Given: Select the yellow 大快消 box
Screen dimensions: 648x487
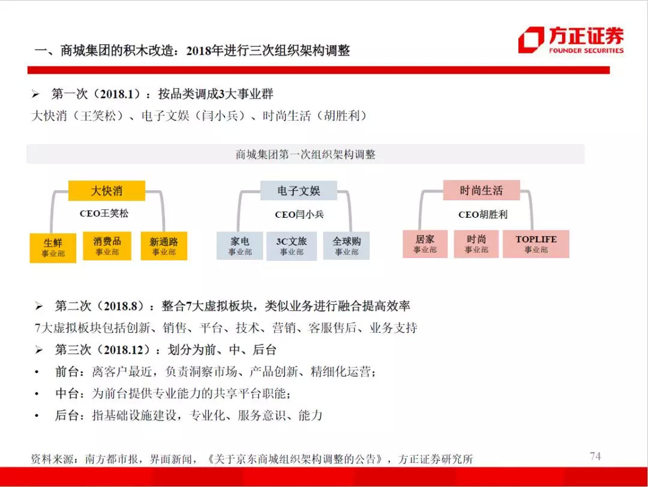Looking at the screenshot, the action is coord(107,191).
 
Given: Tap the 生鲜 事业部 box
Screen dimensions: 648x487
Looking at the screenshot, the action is coord(53,247).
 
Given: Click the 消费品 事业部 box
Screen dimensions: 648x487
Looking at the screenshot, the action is coord(107,245).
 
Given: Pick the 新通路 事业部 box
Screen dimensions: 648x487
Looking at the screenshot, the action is coord(164,246).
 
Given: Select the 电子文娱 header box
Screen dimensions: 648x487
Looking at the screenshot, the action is coord(298,191).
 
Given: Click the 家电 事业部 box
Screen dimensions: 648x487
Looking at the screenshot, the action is coord(240,245).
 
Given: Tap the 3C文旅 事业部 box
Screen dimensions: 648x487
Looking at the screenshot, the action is coord(292,245).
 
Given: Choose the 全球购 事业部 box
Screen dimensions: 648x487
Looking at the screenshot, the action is coord(347,245).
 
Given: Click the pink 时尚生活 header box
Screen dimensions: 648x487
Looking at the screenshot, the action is coord(481,191).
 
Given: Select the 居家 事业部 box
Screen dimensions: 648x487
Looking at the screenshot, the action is coord(425,243).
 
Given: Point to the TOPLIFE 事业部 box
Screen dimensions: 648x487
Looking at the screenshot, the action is coord(536,243).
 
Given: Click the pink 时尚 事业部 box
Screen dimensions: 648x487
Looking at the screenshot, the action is coord(476,243).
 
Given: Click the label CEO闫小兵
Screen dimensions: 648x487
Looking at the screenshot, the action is coord(299,214).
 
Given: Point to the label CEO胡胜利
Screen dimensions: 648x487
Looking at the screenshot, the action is coord(482,214).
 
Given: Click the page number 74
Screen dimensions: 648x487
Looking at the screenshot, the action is coord(595,456).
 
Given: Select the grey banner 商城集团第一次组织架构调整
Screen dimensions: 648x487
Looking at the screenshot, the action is coord(305,154).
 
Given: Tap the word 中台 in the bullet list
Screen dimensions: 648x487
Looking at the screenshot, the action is coord(67,393).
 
